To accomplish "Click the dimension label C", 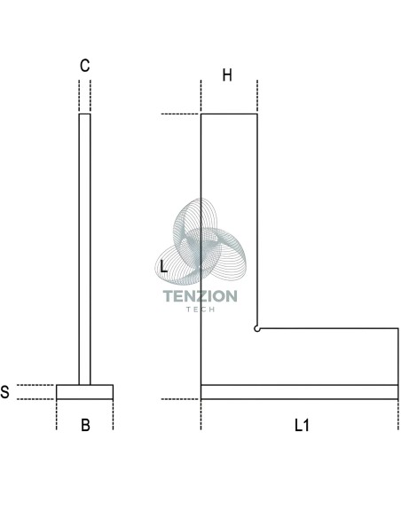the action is point(84,66).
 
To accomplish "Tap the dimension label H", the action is point(227,75).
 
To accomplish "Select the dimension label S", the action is point(4,392).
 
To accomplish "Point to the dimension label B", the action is point(85,425).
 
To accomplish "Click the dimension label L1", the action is point(302,425).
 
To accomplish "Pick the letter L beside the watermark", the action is point(163,266).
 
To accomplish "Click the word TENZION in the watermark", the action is point(200,296).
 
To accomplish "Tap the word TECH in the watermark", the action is point(200,310).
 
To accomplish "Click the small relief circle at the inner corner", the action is point(256,329).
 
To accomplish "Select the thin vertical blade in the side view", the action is point(84,249).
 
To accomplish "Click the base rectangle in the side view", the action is point(84,392).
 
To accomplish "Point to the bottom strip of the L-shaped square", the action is point(299,392).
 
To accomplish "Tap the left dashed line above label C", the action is point(79,96).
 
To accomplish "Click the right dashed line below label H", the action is point(257,96).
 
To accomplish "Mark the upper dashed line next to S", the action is point(35,385).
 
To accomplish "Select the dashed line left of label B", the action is point(57,414).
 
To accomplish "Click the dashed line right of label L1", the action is point(398,414).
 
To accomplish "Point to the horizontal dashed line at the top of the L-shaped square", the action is point(180,114).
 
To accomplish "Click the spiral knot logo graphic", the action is point(200,241).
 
